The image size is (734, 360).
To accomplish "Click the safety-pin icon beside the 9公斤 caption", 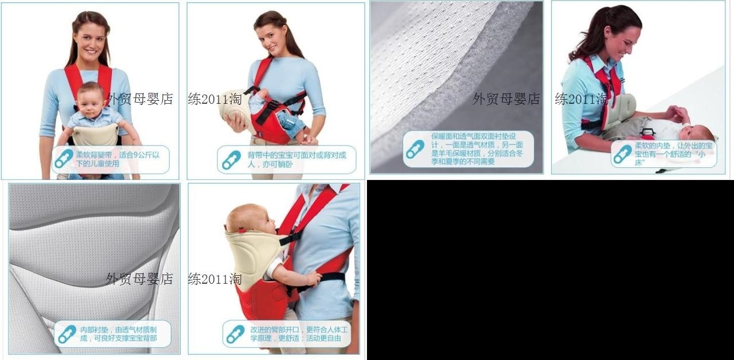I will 64,159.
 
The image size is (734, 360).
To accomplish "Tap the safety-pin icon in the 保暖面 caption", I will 415,149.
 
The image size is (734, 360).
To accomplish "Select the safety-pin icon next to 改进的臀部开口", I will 235,334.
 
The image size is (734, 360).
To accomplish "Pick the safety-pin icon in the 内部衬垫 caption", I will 67,334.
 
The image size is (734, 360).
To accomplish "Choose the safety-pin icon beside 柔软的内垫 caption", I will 622,154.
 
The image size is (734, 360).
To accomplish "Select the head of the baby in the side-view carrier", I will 247,220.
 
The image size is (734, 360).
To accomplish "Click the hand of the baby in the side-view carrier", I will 313,279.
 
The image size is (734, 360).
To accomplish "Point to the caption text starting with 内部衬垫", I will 118,334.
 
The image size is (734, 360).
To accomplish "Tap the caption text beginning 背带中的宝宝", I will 296,159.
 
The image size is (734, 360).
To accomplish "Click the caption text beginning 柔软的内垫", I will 674,154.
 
